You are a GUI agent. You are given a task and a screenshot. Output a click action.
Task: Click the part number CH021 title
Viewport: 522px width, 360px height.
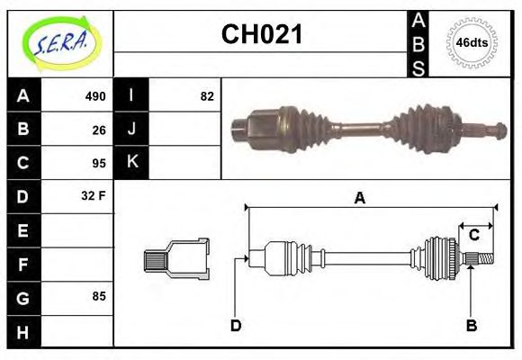(x=262, y=35)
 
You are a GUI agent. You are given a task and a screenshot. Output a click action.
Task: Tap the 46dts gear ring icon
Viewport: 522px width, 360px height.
(x=472, y=42)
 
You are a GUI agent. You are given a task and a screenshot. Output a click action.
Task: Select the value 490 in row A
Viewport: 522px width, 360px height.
(x=95, y=96)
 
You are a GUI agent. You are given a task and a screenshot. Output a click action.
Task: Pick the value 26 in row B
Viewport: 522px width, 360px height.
(x=99, y=130)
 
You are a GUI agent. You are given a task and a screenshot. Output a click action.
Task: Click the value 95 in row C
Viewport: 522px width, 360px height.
(x=99, y=164)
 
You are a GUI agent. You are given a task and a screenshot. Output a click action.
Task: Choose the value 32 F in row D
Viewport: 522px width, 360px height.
(x=94, y=195)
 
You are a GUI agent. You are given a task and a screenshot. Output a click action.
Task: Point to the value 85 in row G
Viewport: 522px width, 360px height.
(x=99, y=296)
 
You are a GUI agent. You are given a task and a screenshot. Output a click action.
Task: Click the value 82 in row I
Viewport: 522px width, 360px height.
(x=207, y=96)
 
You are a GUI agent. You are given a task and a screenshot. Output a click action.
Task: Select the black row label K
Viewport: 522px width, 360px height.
(x=132, y=163)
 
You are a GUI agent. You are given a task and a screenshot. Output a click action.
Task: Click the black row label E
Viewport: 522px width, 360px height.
(x=23, y=230)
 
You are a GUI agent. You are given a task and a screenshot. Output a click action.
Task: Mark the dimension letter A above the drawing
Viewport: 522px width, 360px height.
(x=359, y=198)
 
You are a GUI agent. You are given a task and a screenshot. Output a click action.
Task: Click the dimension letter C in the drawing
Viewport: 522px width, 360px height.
(x=473, y=236)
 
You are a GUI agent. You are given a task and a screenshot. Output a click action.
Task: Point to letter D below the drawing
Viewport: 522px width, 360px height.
(x=236, y=325)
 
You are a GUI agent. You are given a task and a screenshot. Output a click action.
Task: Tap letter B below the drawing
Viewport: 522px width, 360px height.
(x=471, y=325)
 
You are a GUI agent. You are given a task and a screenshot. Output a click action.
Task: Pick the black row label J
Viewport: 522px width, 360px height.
(x=132, y=130)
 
